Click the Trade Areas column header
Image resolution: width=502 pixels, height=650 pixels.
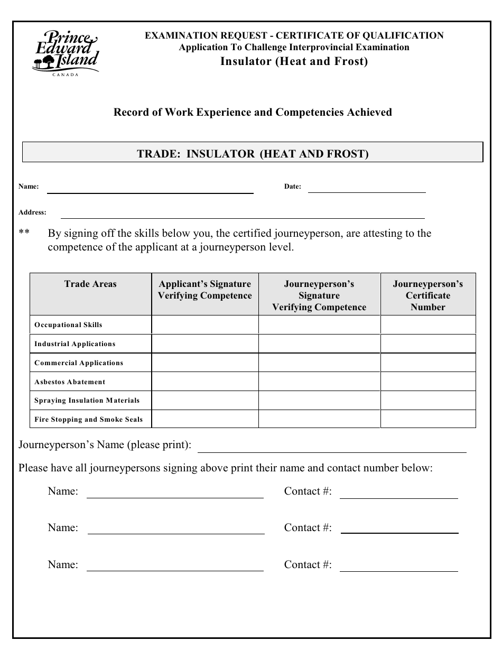(90, 284)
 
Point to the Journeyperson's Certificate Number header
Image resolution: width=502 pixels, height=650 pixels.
(427, 295)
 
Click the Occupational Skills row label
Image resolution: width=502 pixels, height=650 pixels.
(68, 325)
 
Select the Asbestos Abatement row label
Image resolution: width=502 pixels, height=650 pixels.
(70, 382)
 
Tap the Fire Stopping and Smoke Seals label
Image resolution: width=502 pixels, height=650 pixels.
(88, 420)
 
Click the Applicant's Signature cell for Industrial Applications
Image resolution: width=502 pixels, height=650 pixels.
(205, 344)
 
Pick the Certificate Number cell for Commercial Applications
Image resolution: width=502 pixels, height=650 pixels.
(427, 363)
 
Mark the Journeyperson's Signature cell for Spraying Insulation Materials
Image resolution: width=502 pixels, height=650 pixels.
(319, 401)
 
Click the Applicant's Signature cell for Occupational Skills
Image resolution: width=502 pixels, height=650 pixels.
(205, 325)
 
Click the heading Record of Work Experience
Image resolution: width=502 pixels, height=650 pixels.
(253, 112)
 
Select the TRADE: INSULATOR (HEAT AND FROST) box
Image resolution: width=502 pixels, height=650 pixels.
(253, 154)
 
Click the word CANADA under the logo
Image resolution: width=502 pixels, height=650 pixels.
(66, 75)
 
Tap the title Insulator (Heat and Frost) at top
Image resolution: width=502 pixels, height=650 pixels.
(294, 61)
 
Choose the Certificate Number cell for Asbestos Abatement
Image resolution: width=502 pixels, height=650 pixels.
(427, 382)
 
